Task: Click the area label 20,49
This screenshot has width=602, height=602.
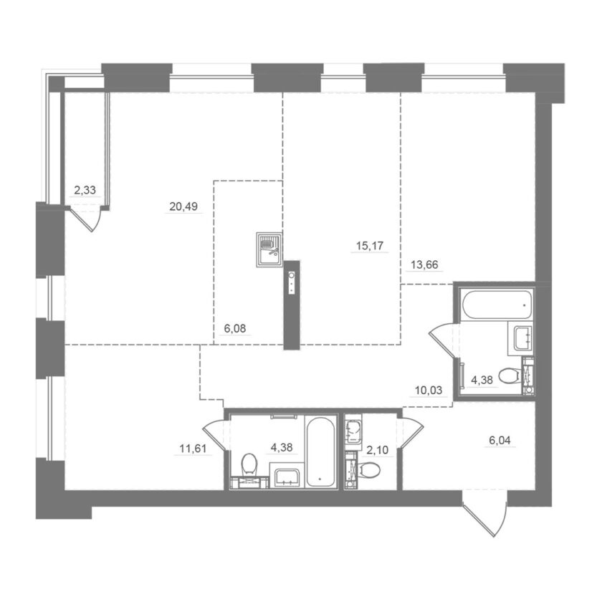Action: click(183, 206)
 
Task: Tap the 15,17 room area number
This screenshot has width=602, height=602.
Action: click(370, 246)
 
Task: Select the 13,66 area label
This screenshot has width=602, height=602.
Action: click(424, 265)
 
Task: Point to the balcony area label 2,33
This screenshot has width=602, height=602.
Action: click(85, 190)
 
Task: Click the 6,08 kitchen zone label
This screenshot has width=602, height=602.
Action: click(235, 329)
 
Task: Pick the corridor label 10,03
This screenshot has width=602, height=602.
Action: click(429, 391)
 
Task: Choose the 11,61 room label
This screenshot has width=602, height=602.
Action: click(193, 449)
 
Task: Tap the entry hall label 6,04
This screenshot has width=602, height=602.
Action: click(500, 440)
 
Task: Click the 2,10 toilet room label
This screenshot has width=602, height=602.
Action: click(378, 450)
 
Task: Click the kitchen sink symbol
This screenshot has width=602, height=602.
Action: click(269, 249)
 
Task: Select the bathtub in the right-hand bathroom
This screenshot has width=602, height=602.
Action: click(497, 305)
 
